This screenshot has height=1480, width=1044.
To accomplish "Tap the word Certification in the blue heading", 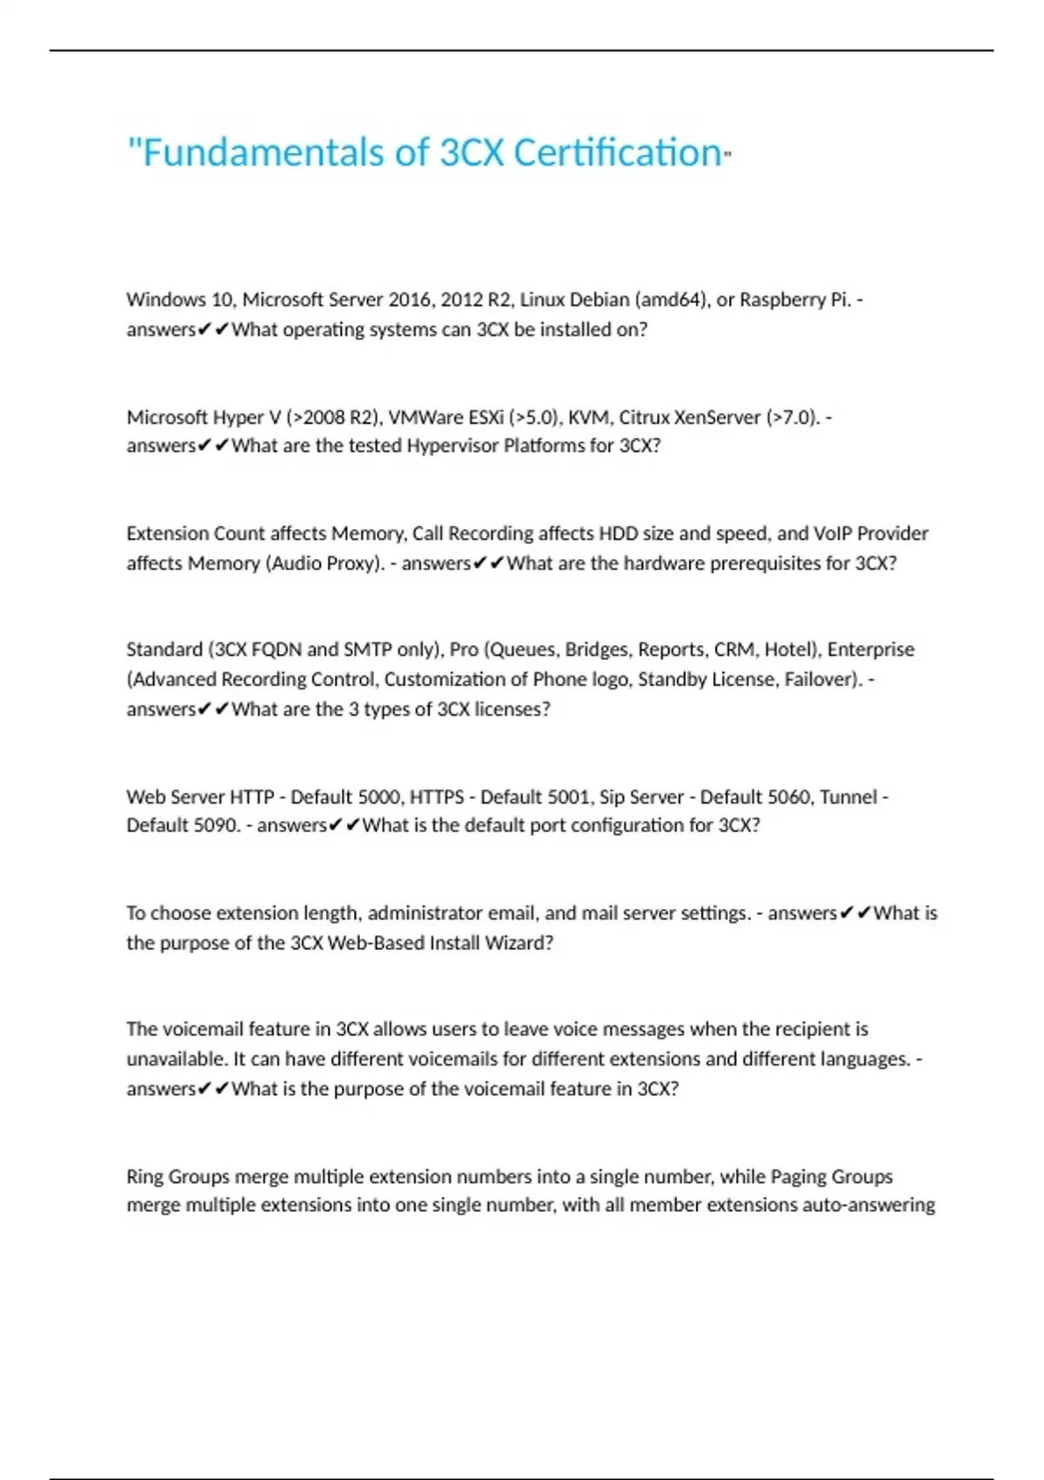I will pyautogui.click(x=617, y=153).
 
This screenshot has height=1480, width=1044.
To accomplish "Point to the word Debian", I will pyautogui.click(x=599, y=299).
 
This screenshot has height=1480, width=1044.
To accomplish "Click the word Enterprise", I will pyautogui.click(x=870, y=649).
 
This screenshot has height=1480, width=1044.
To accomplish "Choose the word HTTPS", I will pyautogui.click(x=437, y=797).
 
